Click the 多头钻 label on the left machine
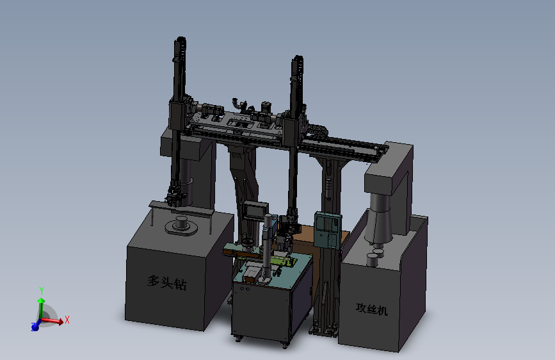point(167,282)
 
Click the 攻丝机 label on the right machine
point(372,309)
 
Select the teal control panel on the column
point(327,230)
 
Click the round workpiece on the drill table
point(182,225)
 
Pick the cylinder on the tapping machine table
point(373,259)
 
